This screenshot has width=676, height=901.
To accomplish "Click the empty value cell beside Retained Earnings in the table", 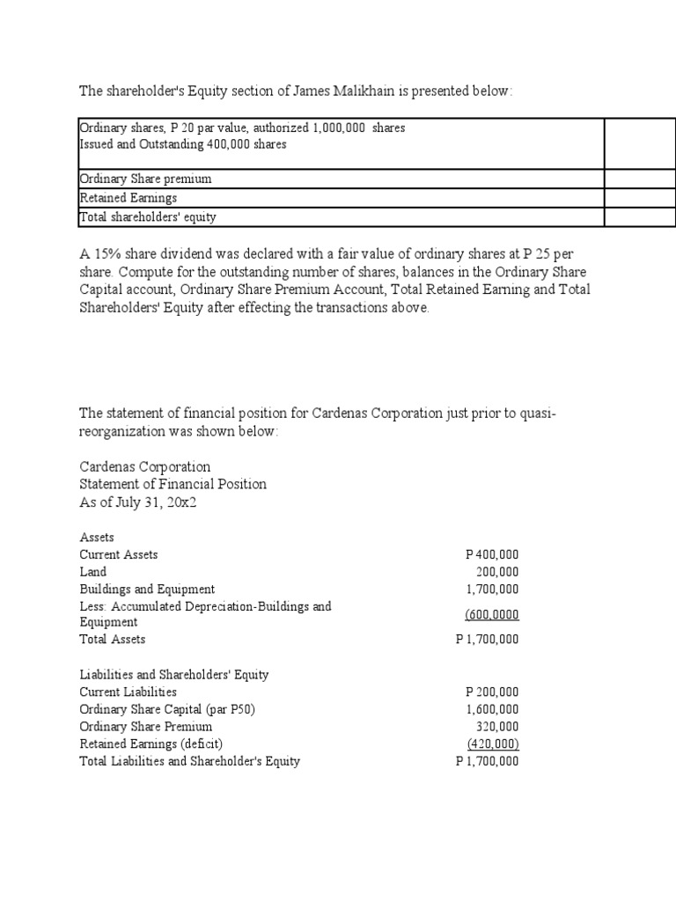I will [x=639, y=198].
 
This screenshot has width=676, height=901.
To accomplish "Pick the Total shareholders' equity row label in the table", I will [x=148, y=217].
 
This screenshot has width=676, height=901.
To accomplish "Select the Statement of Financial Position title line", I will [x=173, y=484].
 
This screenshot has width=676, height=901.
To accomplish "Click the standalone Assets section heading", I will [x=97, y=537].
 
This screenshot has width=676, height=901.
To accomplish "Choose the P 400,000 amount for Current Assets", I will [x=491, y=555].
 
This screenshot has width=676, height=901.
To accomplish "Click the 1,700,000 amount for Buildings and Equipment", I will [x=493, y=590].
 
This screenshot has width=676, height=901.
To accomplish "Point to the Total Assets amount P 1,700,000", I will [x=488, y=640].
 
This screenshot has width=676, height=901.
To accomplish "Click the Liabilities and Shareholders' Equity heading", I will [x=174, y=675].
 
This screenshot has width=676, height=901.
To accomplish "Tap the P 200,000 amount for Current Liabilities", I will [x=491, y=692].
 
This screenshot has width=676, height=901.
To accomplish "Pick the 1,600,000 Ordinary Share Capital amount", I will [x=493, y=709].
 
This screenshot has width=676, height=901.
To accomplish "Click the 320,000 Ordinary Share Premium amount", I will [x=497, y=727].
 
